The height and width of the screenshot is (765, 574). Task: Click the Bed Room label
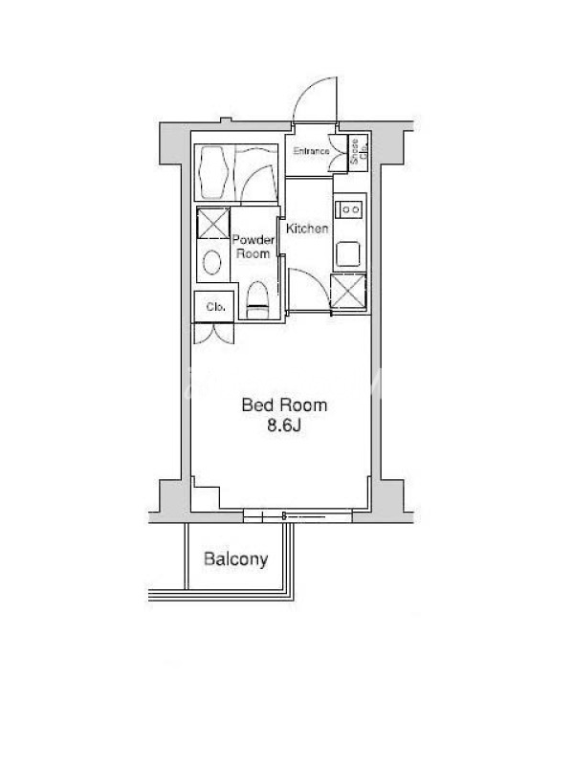[x=284, y=404]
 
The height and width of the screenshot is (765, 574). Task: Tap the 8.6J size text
[x=283, y=426]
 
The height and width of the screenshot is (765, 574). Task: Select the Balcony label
[x=235, y=559]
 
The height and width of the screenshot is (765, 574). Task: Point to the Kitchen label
[x=307, y=229]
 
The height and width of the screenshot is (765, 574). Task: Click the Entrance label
[x=312, y=151]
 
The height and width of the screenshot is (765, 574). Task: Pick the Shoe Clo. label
[x=359, y=151]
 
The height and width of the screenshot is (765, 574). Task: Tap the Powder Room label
[x=253, y=247]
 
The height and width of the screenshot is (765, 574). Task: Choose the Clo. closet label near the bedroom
[x=215, y=307]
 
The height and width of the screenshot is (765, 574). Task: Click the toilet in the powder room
[x=257, y=300]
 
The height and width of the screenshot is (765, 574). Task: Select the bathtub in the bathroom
[x=214, y=172]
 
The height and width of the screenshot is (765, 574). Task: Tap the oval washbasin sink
[x=211, y=262]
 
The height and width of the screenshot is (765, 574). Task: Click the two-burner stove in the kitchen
[x=350, y=209]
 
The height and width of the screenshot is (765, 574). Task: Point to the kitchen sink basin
[x=349, y=253]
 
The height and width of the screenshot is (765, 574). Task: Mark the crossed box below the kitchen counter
[x=348, y=292]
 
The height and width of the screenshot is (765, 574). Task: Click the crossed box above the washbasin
[x=213, y=223]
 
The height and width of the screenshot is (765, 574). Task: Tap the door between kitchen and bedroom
[x=309, y=290]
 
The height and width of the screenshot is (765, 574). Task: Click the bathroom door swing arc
[x=257, y=183]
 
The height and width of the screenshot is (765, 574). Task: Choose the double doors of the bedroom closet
[x=213, y=333]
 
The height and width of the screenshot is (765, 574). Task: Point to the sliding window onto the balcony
[x=298, y=516]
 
